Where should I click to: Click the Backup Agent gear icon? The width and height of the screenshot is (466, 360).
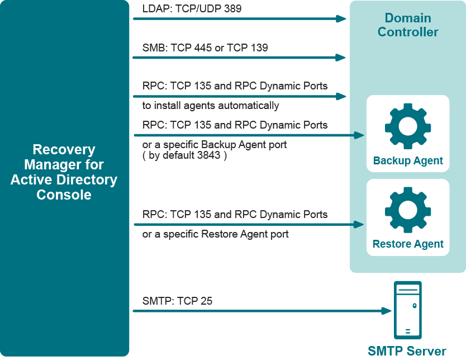coord(407,126)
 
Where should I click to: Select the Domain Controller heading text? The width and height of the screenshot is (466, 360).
coord(408,25)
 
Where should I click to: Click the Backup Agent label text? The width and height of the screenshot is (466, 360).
coord(408,161)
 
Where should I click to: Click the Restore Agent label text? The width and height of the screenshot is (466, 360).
coord(408,244)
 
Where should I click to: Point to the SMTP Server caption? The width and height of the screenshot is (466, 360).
coord(407,351)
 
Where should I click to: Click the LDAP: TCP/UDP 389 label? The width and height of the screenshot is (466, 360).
coord(192,9)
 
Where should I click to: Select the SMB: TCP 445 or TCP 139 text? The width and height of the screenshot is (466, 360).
coord(205,48)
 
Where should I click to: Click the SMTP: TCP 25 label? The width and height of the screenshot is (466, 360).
coord(177,301)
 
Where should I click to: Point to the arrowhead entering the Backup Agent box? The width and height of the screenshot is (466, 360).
coord(360,135)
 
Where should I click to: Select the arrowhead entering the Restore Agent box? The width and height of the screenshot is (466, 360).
coord(360,225)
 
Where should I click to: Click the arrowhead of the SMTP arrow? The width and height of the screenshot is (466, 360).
coord(386,310)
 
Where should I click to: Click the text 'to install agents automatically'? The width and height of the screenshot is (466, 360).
coord(211,106)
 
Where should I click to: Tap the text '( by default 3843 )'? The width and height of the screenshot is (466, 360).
coord(184,155)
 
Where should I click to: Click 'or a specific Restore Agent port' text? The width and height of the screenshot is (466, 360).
coord(215,234)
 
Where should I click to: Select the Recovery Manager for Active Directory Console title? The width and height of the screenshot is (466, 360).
coord(64,172)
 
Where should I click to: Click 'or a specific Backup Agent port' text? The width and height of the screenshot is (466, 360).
coord(215,145)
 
